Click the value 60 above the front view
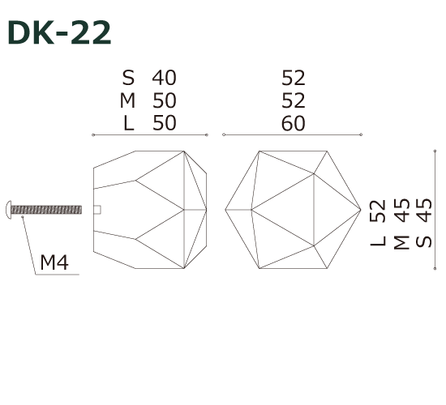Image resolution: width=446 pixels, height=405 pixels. point(294,123)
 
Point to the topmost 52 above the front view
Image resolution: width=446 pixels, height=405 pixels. point(294,78)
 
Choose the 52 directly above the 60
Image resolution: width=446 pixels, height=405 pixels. point(294,100)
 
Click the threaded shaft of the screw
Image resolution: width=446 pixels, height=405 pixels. point(49,209)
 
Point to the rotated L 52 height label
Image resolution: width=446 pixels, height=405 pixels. point(378,224)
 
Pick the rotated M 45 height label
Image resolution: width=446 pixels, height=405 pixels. point(400,224)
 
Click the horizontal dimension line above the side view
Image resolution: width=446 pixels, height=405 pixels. point(151,134)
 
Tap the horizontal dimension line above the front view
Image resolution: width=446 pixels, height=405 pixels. point(292,134)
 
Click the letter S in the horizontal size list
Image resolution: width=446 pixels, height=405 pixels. point(128,78)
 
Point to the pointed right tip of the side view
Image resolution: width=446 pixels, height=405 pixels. point(207,209)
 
